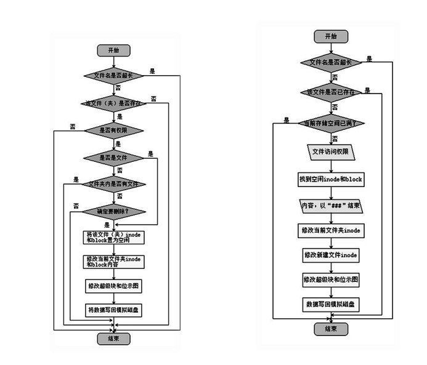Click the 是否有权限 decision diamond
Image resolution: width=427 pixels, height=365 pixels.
tap(113, 130)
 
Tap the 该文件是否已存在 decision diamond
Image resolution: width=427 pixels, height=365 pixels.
tap(331, 92)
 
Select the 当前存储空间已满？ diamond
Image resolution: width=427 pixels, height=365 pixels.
tap(331, 123)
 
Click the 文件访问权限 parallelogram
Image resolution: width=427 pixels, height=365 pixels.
tap(331, 151)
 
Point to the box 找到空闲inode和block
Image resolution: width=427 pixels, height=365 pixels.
tap(331, 179)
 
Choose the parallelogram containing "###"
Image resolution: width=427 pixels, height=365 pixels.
tap(331, 205)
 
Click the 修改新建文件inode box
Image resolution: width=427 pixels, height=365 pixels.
tap(331, 254)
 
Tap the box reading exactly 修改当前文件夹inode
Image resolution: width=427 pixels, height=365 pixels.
tap(331, 230)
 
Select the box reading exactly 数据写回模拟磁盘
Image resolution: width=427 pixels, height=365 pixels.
tap(331, 303)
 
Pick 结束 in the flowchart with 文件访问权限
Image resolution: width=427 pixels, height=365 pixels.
tap(331, 329)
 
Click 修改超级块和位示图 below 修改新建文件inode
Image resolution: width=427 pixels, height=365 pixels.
tap(331, 279)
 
